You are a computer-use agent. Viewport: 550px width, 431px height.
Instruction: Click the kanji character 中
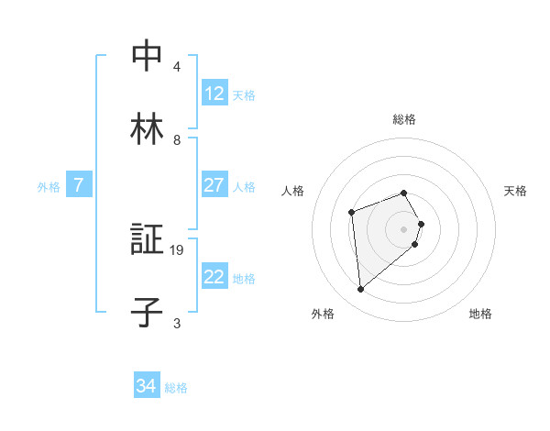click(x=147, y=56)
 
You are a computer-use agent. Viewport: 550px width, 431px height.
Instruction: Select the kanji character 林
click(x=147, y=130)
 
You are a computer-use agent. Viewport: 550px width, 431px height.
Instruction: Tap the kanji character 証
click(x=147, y=240)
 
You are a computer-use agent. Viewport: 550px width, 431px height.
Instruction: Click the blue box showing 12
click(x=214, y=93)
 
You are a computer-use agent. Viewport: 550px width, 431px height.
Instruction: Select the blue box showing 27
click(x=214, y=185)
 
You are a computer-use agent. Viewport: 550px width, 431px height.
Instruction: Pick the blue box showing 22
click(x=214, y=277)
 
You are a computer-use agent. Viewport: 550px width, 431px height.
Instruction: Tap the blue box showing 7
click(x=79, y=185)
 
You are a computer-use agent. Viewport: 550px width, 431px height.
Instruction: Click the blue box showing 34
click(x=147, y=386)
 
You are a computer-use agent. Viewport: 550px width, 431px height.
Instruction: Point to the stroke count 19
click(x=179, y=249)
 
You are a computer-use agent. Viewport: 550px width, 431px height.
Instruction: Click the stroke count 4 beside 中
click(x=177, y=66)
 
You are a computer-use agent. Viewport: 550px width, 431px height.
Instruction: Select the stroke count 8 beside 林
click(x=177, y=139)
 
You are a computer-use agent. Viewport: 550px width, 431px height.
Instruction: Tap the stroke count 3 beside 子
click(x=177, y=323)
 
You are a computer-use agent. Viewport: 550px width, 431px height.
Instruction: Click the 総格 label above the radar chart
click(x=404, y=119)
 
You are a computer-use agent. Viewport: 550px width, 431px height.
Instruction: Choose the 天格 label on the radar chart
click(x=515, y=191)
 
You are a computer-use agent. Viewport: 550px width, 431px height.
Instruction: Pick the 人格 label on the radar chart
click(x=293, y=191)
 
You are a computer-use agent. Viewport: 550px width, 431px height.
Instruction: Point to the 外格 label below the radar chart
click(x=323, y=314)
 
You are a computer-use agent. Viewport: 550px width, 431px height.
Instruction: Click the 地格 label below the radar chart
click(x=480, y=314)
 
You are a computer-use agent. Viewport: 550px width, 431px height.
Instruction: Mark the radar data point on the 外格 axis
click(x=361, y=290)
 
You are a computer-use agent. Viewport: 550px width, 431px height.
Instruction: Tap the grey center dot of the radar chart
click(x=404, y=228)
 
